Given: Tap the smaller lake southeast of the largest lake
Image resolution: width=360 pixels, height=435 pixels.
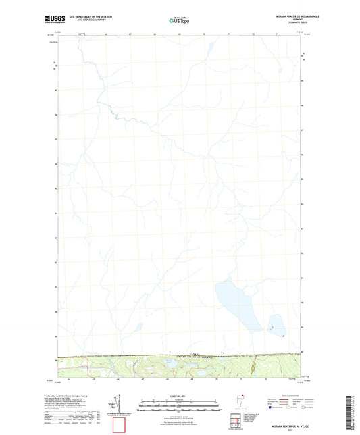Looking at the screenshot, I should click(x=274, y=325).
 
